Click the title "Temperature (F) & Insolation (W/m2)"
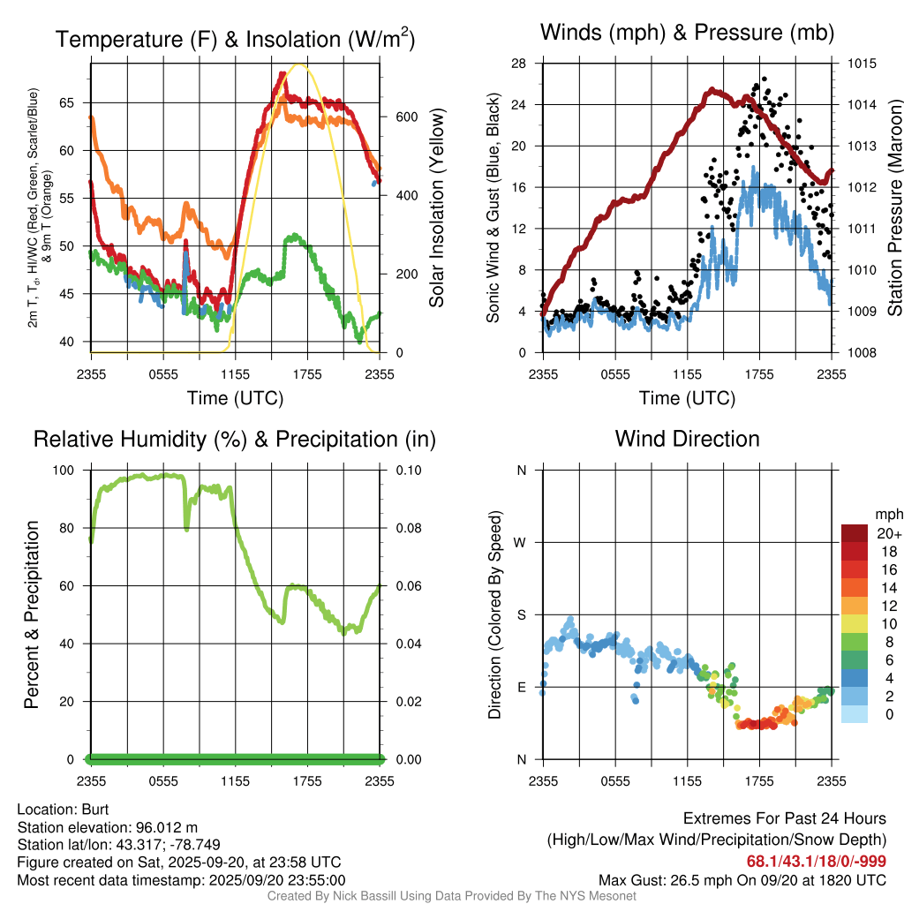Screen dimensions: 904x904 click(x=235, y=40)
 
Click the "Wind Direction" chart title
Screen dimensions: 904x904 click(x=687, y=439)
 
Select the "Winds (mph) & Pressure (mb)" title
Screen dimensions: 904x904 click(x=687, y=33)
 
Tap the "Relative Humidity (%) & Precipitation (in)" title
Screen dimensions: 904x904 click(x=235, y=439)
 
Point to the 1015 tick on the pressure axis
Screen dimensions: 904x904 click(x=863, y=64)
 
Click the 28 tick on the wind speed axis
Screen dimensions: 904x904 click(x=518, y=64)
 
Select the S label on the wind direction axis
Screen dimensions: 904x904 click(x=522, y=614)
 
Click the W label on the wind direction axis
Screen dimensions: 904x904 click(x=521, y=542)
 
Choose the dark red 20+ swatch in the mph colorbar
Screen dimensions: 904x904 click(x=855, y=532)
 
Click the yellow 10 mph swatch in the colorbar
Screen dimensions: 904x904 click(x=855, y=623)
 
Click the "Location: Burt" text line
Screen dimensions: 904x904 click(x=63, y=809)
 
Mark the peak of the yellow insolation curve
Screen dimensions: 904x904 click(x=300, y=64)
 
